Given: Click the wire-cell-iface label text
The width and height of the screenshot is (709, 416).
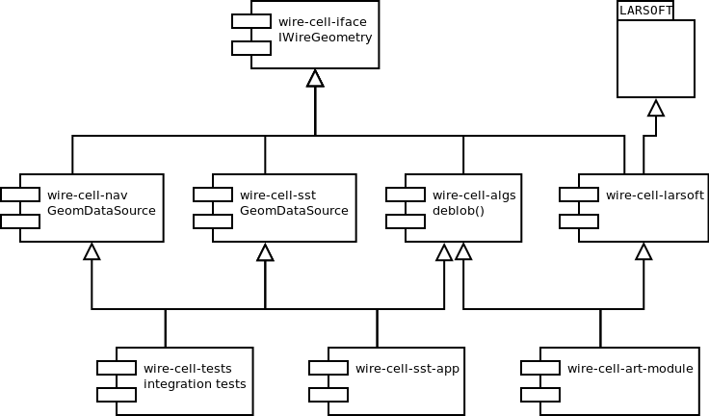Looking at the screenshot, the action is [x=323, y=22].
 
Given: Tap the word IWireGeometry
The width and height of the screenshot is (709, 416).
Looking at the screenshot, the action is [x=325, y=38].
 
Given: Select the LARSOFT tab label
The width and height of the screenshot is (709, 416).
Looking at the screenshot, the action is [x=645, y=11].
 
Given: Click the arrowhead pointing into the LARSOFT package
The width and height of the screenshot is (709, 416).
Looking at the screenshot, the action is [x=656, y=108].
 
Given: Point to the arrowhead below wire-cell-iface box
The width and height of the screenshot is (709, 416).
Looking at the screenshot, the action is [x=315, y=78].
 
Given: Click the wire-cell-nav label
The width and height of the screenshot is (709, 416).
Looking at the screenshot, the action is [x=88, y=195].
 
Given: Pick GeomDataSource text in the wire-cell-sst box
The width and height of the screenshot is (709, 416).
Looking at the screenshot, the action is [x=294, y=210].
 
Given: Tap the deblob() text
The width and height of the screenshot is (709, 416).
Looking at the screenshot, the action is [x=459, y=211].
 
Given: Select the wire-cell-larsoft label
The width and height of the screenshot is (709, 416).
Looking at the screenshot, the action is [x=655, y=195].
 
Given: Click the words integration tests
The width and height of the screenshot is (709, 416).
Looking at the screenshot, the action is [x=195, y=384].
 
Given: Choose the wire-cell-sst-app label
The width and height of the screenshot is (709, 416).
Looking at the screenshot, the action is [x=407, y=369].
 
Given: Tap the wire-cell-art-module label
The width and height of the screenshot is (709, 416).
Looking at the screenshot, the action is [x=630, y=369].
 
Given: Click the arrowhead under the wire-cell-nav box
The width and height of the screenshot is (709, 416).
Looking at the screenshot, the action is [x=92, y=251].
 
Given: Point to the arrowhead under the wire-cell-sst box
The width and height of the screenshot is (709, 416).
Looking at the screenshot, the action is [x=266, y=252].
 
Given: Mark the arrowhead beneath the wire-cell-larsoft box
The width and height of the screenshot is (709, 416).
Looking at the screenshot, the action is [x=643, y=251].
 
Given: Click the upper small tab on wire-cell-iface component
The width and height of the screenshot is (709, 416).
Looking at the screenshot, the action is [x=251, y=21].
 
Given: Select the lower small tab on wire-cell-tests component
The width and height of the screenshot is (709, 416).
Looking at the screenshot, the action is [x=117, y=395].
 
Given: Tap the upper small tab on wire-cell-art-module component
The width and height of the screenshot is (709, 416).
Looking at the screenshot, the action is [x=540, y=368].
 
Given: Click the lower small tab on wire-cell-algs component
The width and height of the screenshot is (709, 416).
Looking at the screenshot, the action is [x=406, y=221].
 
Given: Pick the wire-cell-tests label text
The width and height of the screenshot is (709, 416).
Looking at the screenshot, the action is [x=188, y=369].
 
